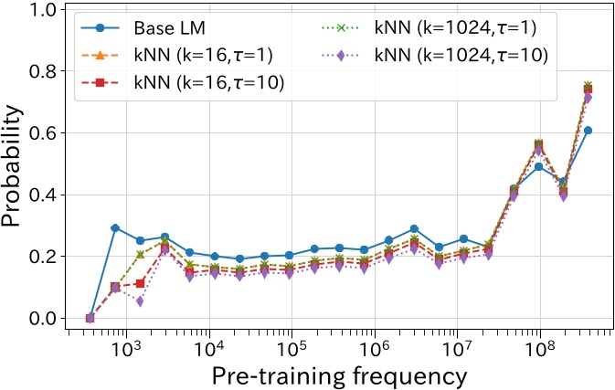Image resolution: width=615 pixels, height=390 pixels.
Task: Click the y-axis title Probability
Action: pyautogui.click(x=16, y=164)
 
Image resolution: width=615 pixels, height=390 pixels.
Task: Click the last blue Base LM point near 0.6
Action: pyautogui.click(x=588, y=131)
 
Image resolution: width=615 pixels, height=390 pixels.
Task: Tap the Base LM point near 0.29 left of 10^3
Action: pyautogui.click(x=115, y=228)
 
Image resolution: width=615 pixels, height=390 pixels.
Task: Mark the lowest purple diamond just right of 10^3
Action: pyautogui.click(x=140, y=301)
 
